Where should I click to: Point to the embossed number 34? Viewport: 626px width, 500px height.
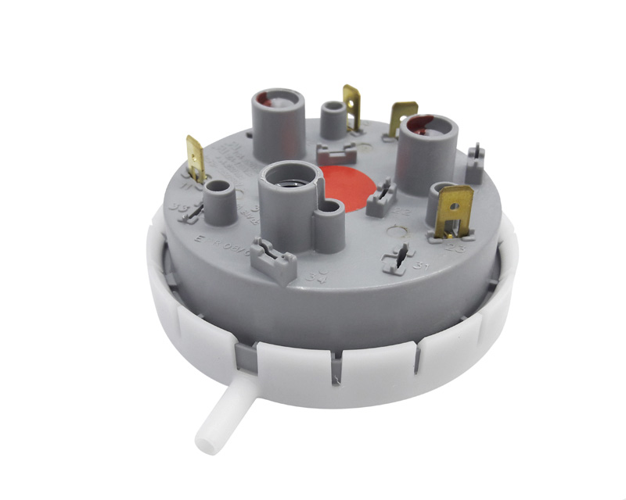317,276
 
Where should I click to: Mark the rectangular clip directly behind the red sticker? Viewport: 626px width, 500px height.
337,151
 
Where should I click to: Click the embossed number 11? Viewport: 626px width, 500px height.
187,187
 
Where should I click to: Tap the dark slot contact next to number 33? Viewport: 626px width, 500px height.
199,211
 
